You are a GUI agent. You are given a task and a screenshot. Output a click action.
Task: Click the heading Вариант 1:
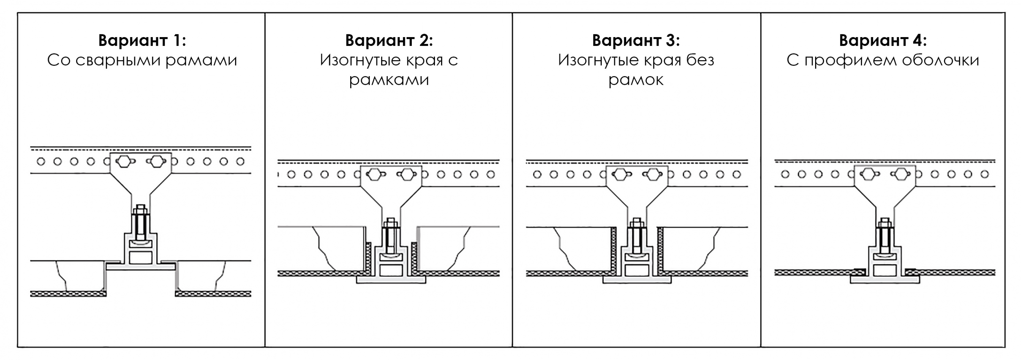[142, 40]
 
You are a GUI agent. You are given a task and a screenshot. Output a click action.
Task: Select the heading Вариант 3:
[636, 40]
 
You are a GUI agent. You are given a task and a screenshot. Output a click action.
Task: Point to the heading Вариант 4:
[883, 40]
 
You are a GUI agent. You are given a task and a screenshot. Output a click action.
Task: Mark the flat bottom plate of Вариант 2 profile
[391, 280]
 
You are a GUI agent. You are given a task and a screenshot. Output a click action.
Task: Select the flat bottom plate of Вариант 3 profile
[637, 280]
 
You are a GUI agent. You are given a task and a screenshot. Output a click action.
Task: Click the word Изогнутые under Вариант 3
[598, 61]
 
